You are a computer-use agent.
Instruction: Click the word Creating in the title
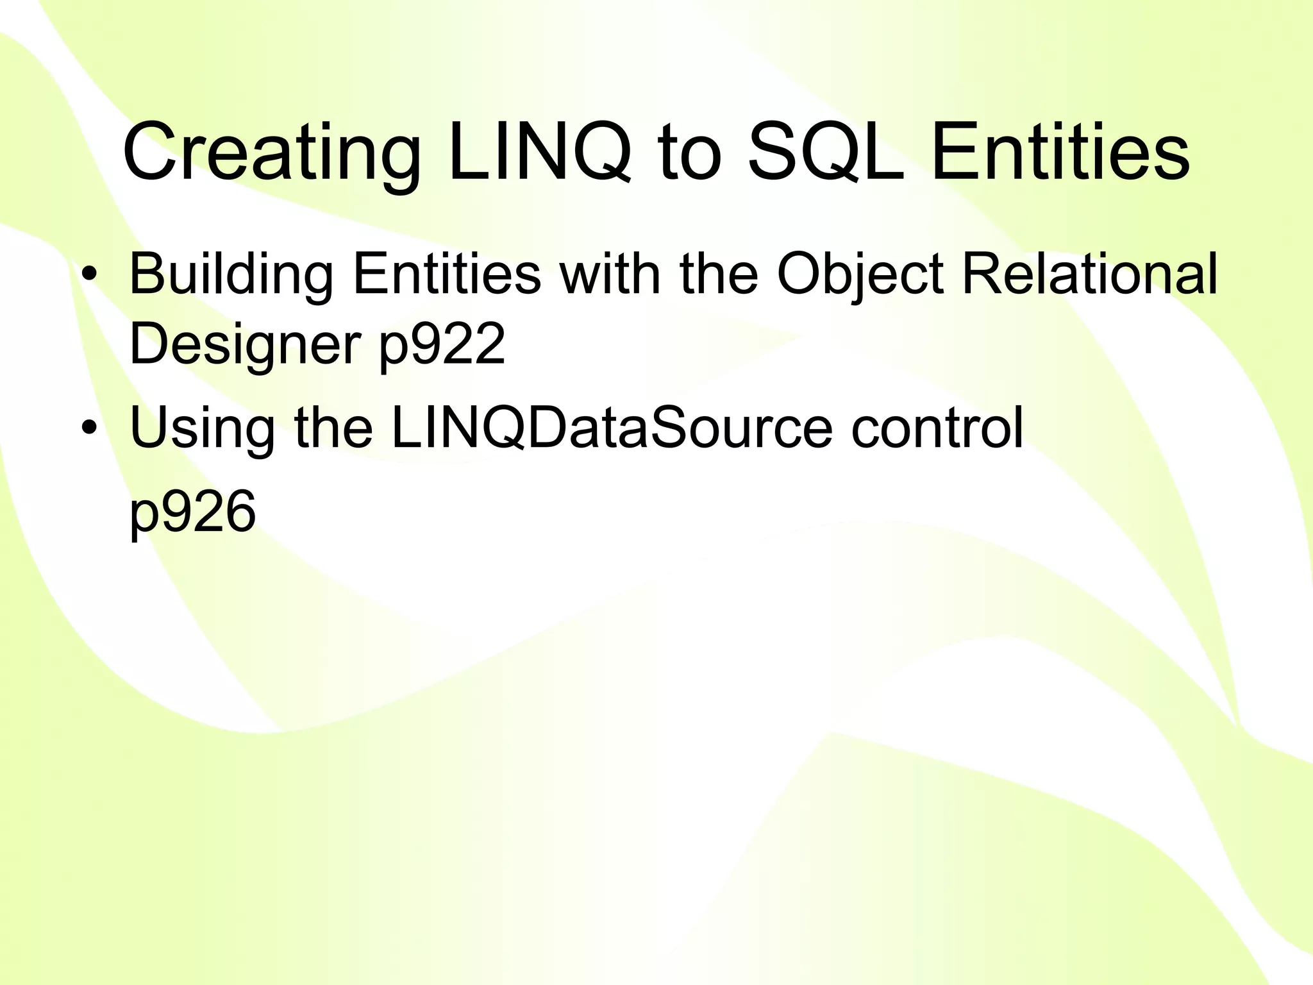click(x=271, y=155)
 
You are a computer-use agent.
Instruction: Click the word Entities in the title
click(x=1060, y=155)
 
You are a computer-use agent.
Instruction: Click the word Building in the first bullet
click(x=231, y=274)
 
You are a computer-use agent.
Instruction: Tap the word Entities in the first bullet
click(x=447, y=274)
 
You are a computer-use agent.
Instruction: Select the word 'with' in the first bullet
click(x=610, y=274)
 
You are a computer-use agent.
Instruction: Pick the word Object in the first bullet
click(x=860, y=274)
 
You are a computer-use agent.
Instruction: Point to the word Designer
click(x=244, y=345)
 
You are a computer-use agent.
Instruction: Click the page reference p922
click(x=442, y=345)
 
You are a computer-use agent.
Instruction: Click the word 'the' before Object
click(x=719, y=274)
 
